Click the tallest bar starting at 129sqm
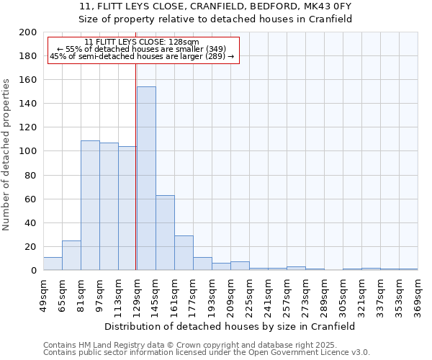coord(146,179)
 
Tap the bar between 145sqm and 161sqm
coord(165,233)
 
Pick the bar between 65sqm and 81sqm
coord(71,256)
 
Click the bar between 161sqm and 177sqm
coord(184,253)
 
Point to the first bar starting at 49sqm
coord(53,264)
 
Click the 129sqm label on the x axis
coord(137,294)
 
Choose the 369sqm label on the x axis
coord(418,294)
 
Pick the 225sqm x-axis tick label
coord(249,294)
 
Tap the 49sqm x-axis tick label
coord(43,294)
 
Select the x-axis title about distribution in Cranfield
coord(230,326)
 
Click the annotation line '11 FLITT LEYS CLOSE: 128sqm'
coord(142,42)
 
